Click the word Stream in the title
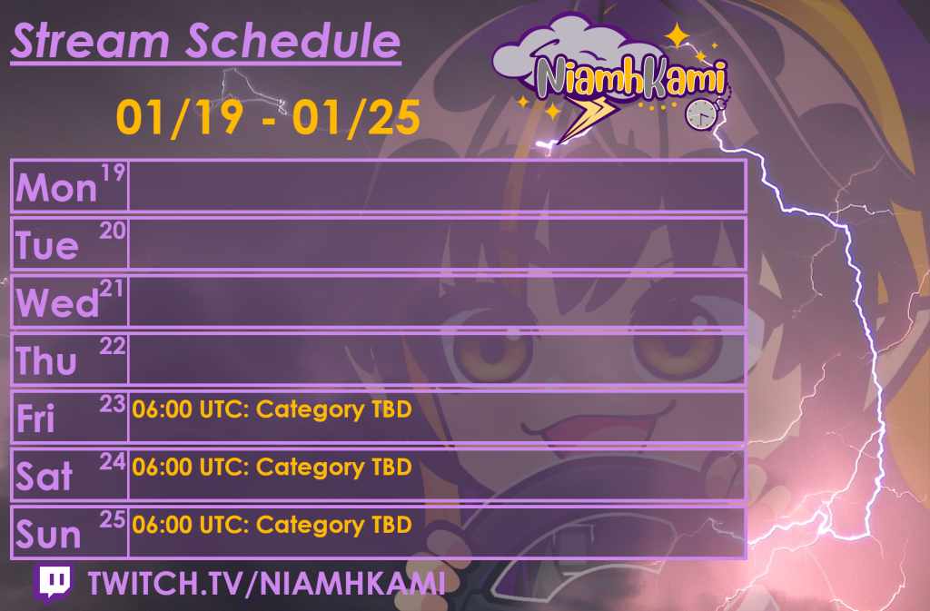pyautogui.click(x=91, y=41)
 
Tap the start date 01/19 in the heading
pyautogui.click(x=180, y=117)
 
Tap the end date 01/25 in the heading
pyautogui.click(x=356, y=117)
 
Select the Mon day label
pyautogui.click(x=56, y=188)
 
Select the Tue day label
pyautogui.click(x=47, y=245)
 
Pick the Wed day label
pyautogui.click(x=57, y=303)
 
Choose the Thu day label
pyautogui.click(x=46, y=360)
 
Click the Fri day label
pyautogui.click(x=35, y=418)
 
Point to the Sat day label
pyautogui.click(x=44, y=476)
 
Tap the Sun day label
pyautogui.click(x=48, y=534)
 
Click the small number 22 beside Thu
pyautogui.click(x=112, y=346)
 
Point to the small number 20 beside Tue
pyautogui.click(x=112, y=231)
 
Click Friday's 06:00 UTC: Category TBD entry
pyautogui.click(x=272, y=409)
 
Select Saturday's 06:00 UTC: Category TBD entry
pyautogui.click(x=272, y=467)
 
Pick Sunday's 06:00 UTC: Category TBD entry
pyautogui.click(x=272, y=525)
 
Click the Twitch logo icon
pyautogui.click(x=54, y=583)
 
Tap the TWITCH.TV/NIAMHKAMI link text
pyautogui.click(x=266, y=583)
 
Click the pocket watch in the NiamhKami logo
pyautogui.click(x=702, y=113)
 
